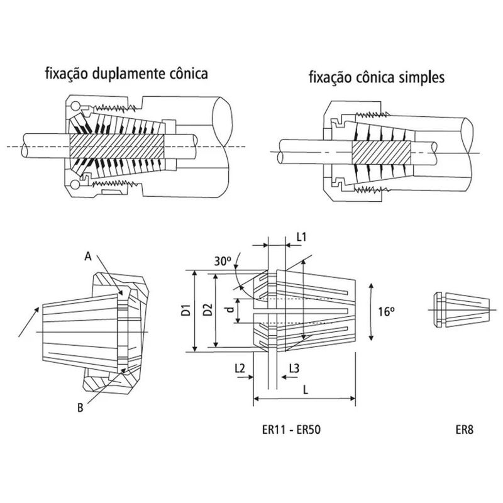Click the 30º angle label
pos(222,261)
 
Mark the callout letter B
pos(80,407)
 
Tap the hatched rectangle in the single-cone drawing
pos(380,152)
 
